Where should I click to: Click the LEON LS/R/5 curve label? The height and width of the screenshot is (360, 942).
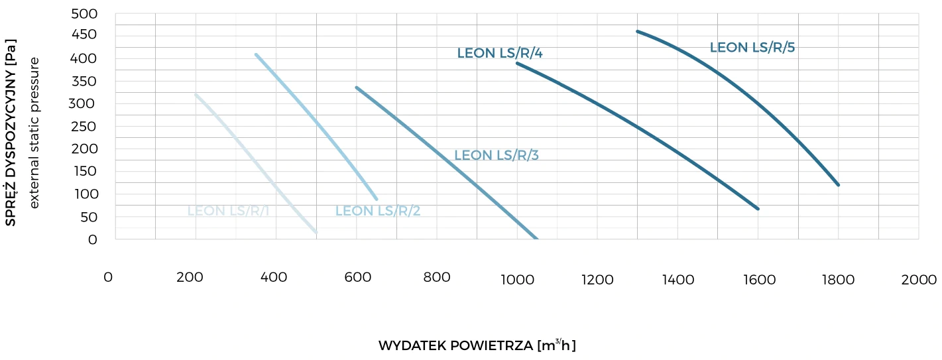752,48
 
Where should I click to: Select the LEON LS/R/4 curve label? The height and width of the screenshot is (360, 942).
500,53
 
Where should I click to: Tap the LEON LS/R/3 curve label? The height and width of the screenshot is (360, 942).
497,156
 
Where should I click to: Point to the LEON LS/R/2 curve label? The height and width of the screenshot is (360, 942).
378,211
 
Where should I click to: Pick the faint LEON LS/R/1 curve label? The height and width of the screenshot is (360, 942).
227,211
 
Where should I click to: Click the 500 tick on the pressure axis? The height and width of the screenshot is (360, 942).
84,14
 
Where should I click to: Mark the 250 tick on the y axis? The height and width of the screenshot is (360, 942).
84,127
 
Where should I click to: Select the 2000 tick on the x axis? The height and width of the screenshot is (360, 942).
919,280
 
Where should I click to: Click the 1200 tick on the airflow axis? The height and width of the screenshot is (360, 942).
597,280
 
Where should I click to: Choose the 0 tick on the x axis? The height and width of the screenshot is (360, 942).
108,277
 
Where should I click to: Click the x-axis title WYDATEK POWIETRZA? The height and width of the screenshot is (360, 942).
477,345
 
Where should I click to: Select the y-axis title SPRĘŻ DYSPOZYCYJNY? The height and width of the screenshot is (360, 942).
11,131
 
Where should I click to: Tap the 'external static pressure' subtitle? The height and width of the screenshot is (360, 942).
34,132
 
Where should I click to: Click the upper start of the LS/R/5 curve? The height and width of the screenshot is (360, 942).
638,31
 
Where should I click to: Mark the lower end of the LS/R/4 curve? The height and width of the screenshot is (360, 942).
757,208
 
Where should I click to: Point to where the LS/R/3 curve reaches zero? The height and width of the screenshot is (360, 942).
536,239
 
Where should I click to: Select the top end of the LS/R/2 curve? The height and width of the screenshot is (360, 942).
257,55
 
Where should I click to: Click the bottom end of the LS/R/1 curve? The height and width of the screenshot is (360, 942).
316,232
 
